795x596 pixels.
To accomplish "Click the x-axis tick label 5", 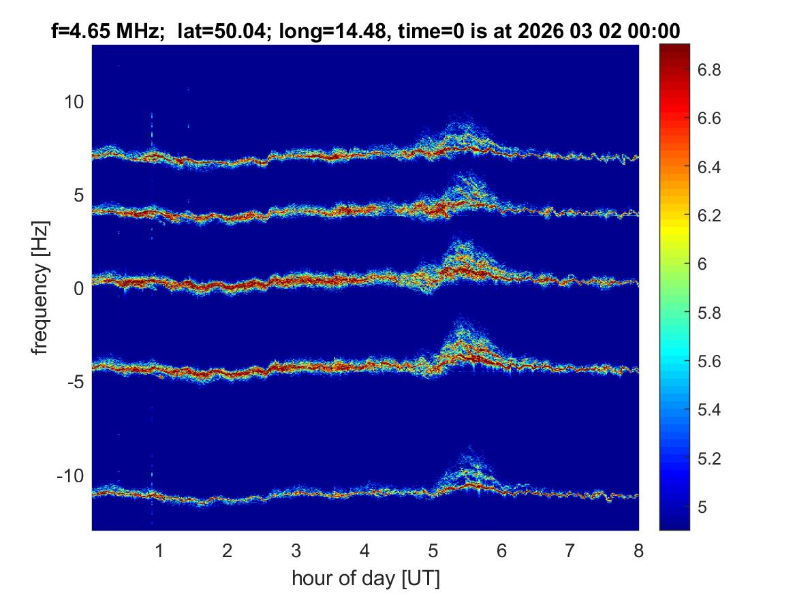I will tap(433, 550).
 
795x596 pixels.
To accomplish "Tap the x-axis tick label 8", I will tap(638, 550).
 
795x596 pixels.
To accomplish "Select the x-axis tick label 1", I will tap(159, 550).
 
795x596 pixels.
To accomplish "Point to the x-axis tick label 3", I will tap(296, 550).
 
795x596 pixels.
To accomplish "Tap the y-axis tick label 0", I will tap(78, 289).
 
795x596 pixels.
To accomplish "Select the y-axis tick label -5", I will tap(74, 382).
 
